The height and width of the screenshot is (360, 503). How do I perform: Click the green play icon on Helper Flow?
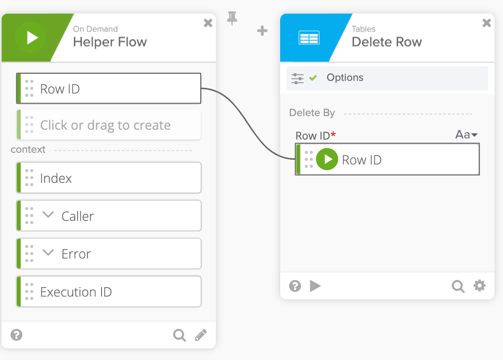(x=31, y=38)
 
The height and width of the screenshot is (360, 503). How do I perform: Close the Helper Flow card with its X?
(x=208, y=23)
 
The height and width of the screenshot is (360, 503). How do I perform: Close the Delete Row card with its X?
(x=487, y=23)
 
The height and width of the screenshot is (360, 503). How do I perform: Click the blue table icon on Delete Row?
(x=309, y=38)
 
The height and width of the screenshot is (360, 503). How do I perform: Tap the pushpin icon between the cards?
(x=232, y=18)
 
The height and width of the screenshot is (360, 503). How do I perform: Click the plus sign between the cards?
(x=262, y=31)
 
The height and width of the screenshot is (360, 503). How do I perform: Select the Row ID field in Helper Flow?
(x=109, y=88)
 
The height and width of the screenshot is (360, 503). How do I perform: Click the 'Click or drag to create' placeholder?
(x=109, y=125)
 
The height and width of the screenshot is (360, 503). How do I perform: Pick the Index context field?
(x=109, y=178)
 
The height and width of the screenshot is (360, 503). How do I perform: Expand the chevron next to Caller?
(x=48, y=215)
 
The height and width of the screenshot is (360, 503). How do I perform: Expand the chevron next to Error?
(x=48, y=253)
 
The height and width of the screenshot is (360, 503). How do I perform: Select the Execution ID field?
(x=109, y=292)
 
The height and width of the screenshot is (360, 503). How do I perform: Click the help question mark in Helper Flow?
(x=17, y=335)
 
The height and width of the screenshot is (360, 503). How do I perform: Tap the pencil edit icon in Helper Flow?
(x=201, y=335)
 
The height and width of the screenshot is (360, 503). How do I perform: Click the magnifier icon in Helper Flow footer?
(x=179, y=335)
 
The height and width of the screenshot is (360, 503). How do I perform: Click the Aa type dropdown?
(x=466, y=135)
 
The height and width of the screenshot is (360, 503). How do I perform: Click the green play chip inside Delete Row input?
(x=327, y=159)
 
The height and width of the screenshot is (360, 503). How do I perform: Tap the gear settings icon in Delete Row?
(x=479, y=286)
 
